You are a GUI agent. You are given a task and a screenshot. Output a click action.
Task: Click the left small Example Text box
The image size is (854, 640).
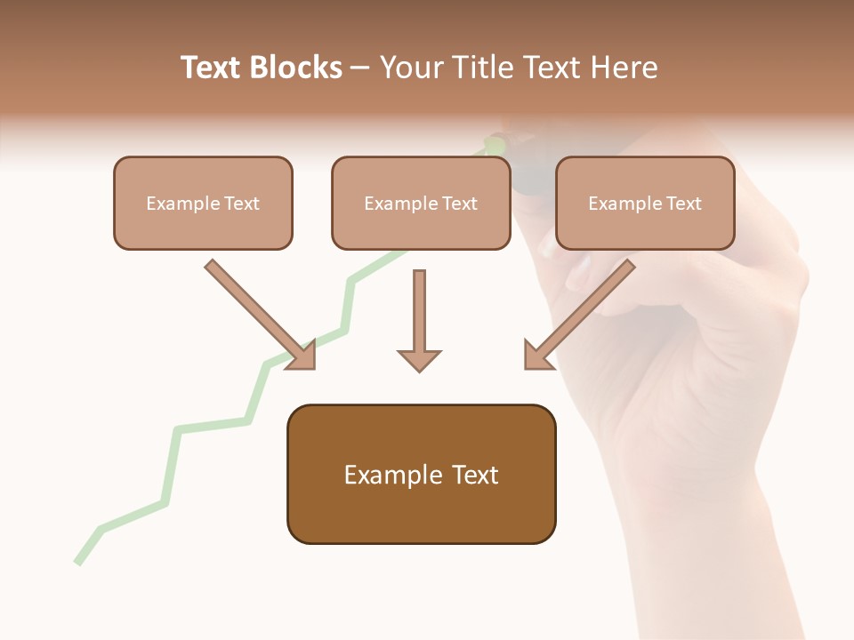[203, 203]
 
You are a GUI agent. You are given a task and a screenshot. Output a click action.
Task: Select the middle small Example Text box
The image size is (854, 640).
[421, 203]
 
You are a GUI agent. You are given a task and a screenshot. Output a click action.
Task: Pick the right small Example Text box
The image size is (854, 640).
[645, 203]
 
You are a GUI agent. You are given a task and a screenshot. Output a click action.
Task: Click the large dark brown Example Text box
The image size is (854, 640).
[421, 475]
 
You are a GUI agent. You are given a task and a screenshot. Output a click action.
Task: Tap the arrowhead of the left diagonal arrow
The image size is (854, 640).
[302, 356]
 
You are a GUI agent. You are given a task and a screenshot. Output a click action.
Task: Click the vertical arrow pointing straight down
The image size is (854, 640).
[419, 320]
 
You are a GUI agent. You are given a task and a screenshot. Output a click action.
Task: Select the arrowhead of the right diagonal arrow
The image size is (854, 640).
[536, 356]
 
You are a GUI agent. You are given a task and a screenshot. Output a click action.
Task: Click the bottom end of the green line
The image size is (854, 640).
[78, 562]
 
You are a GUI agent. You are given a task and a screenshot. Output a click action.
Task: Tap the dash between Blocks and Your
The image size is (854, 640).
[360, 68]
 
